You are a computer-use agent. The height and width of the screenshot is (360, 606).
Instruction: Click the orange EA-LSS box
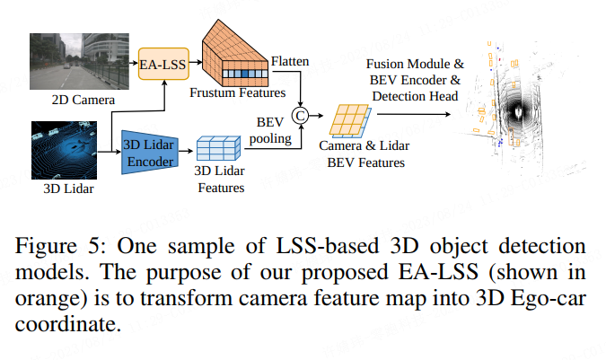(162, 65)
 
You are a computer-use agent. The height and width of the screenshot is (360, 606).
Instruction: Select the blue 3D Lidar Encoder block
(147, 150)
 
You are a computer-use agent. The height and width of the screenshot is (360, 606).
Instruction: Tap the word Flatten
(290, 61)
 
